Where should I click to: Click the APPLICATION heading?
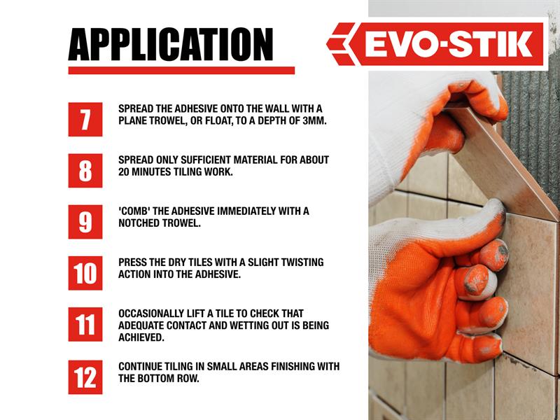point(171,44)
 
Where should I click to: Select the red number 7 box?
point(85,119)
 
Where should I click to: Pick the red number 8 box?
point(85,171)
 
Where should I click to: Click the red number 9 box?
point(85,222)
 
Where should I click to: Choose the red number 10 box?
point(85,273)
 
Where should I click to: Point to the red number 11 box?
point(85,324)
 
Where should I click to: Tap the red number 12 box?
point(85,377)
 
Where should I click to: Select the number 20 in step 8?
point(124,171)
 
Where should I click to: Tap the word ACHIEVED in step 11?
point(141,337)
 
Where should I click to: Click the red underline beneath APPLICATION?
point(181,71)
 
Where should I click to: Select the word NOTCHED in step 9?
point(139,223)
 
